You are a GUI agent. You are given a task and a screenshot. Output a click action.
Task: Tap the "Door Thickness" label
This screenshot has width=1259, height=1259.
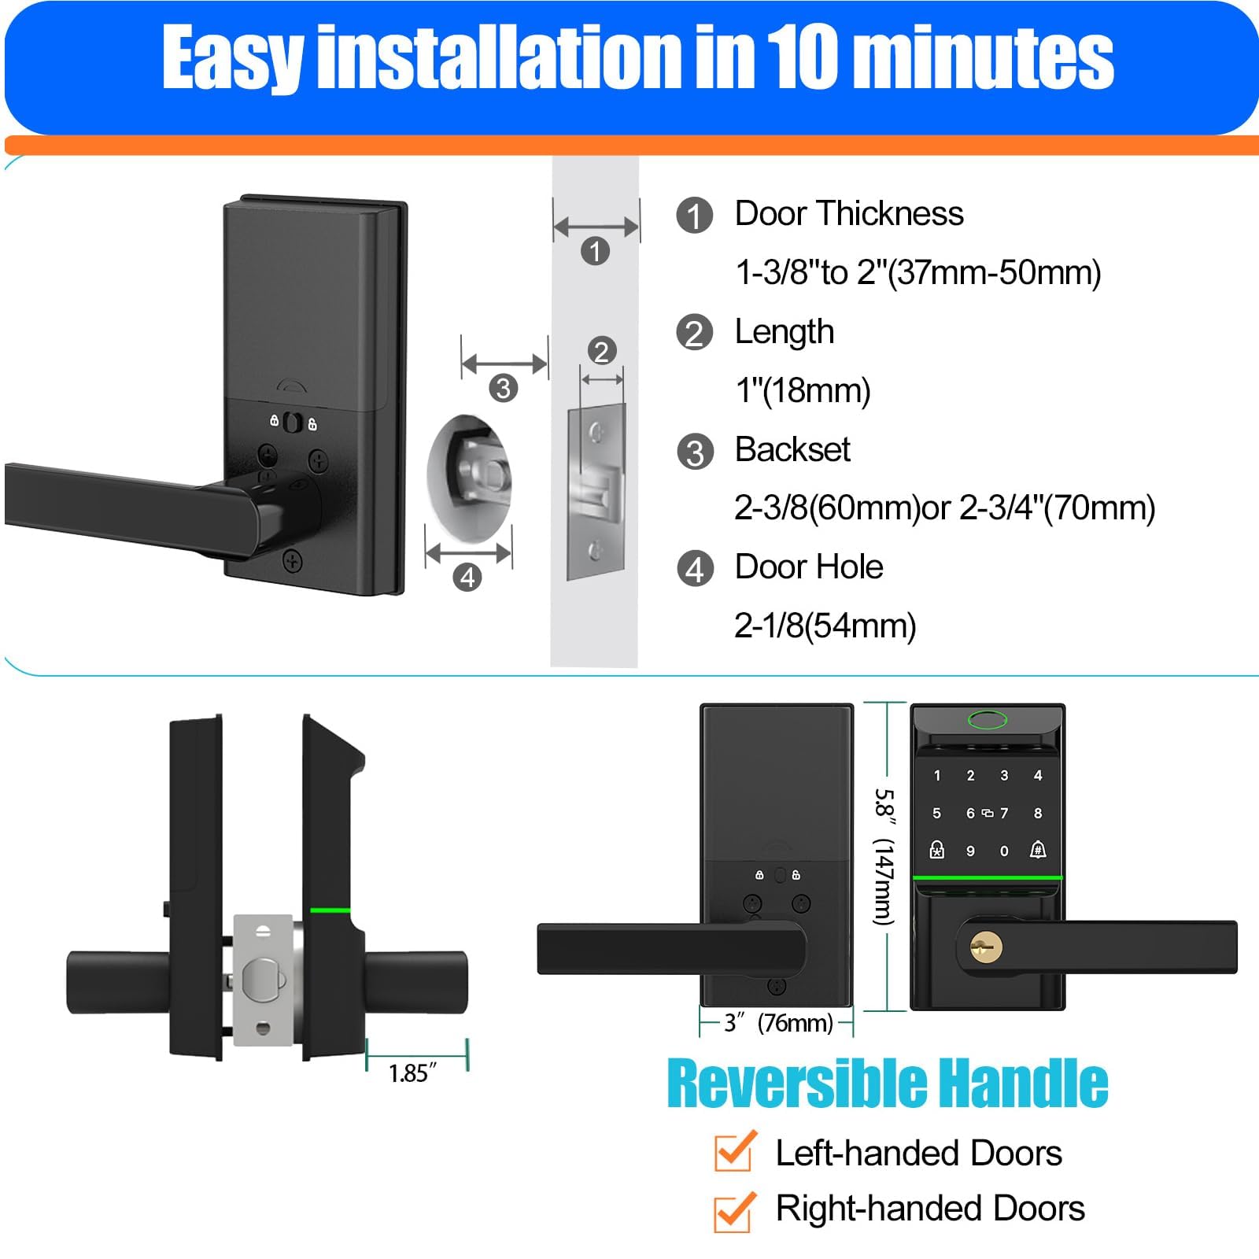point(849,214)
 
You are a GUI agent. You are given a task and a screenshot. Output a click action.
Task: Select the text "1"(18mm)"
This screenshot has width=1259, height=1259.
point(803,390)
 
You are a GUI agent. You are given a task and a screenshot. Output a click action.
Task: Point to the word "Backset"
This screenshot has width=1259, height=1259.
point(792,450)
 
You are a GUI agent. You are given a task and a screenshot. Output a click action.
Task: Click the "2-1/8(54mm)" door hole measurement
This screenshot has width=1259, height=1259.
point(825,626)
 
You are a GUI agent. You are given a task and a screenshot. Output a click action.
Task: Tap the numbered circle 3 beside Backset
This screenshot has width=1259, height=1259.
point(695,452)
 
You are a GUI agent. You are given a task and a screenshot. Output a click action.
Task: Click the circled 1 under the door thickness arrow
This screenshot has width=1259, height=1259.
point(596,251)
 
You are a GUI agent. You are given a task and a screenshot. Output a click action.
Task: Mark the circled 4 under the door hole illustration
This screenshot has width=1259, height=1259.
point(467,578)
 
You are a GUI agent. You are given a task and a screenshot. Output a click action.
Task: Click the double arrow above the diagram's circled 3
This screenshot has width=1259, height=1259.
point(504,364)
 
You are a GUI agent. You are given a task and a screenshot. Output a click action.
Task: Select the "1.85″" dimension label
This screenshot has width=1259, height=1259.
point(412,1073)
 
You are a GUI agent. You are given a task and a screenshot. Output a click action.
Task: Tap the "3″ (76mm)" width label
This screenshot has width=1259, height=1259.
point(778,1023)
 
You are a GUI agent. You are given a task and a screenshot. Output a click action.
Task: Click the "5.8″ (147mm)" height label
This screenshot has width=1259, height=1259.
point(884,857)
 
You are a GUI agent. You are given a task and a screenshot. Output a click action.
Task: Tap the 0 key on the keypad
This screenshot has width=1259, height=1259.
point(1004,851)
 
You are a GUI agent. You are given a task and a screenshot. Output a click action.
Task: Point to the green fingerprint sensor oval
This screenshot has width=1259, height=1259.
point(988,720)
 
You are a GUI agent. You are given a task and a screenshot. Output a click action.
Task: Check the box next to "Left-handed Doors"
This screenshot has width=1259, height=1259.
point(733,1154)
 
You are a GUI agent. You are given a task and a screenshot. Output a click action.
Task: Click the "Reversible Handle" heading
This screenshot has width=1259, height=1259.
point(888,1085)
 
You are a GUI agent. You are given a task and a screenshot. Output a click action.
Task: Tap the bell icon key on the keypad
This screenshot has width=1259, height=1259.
point(1038,850)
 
